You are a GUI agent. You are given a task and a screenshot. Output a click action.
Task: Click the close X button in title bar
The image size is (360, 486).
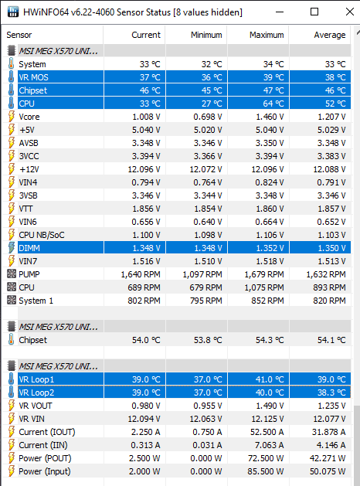pos(350,12)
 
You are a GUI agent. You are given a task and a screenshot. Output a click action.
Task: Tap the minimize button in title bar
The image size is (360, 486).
pos(280,12)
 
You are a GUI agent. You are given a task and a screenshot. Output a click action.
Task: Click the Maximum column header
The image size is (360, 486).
pos(267,35)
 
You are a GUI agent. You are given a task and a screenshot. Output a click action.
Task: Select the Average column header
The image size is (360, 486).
pos(330,35)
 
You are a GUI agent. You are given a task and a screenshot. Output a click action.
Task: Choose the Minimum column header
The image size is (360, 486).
pos(206,35)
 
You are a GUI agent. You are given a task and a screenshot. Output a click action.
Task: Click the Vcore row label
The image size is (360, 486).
pos(29,117)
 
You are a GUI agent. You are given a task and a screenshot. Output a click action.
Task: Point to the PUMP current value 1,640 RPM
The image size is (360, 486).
pos(141,274)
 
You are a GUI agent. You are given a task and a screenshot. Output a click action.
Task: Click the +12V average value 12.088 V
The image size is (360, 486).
pos(329,169)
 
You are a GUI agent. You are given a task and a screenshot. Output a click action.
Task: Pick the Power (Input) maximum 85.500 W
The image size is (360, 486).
pos(266,471)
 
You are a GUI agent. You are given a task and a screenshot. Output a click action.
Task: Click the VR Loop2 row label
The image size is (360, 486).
pos(36,393)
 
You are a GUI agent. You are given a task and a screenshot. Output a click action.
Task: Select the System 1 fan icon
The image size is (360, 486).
pos(12,300)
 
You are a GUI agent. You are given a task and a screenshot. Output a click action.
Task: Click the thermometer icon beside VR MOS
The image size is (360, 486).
pos(11,76)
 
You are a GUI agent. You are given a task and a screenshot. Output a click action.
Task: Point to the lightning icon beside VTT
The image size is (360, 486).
pos(11,209)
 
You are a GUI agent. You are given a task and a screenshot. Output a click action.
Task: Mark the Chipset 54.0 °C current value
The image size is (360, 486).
pos(146,340)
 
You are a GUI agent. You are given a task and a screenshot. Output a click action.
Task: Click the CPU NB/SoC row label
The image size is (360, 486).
pos(42,235)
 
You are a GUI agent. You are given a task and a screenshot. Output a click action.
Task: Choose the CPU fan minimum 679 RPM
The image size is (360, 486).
pos(205,287)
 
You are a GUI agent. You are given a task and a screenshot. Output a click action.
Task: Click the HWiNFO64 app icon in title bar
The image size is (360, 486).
pos(12,12)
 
